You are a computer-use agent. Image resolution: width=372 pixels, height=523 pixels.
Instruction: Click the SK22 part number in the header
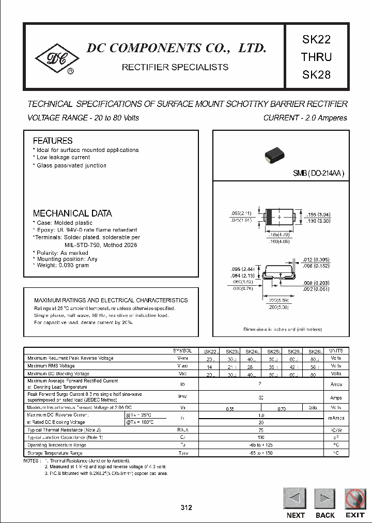[316, 39]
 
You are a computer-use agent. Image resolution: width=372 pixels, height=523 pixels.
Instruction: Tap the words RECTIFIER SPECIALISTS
[175, 67]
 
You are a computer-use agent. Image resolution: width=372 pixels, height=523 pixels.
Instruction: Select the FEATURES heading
[53, 141]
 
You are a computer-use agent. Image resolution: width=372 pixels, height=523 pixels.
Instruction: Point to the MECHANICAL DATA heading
[72, 213]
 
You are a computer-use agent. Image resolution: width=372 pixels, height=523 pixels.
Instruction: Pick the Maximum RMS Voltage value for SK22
[210, 365]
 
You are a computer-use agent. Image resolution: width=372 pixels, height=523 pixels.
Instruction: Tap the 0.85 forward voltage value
[313, 408]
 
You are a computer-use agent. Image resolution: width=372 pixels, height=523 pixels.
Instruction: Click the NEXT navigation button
[295, 499]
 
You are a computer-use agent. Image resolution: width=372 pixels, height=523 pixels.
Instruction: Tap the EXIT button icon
[355, 499]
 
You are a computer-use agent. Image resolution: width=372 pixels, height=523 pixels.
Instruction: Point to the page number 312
[186, 507]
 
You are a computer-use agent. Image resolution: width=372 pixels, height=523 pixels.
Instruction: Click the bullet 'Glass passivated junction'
[71, 165]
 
